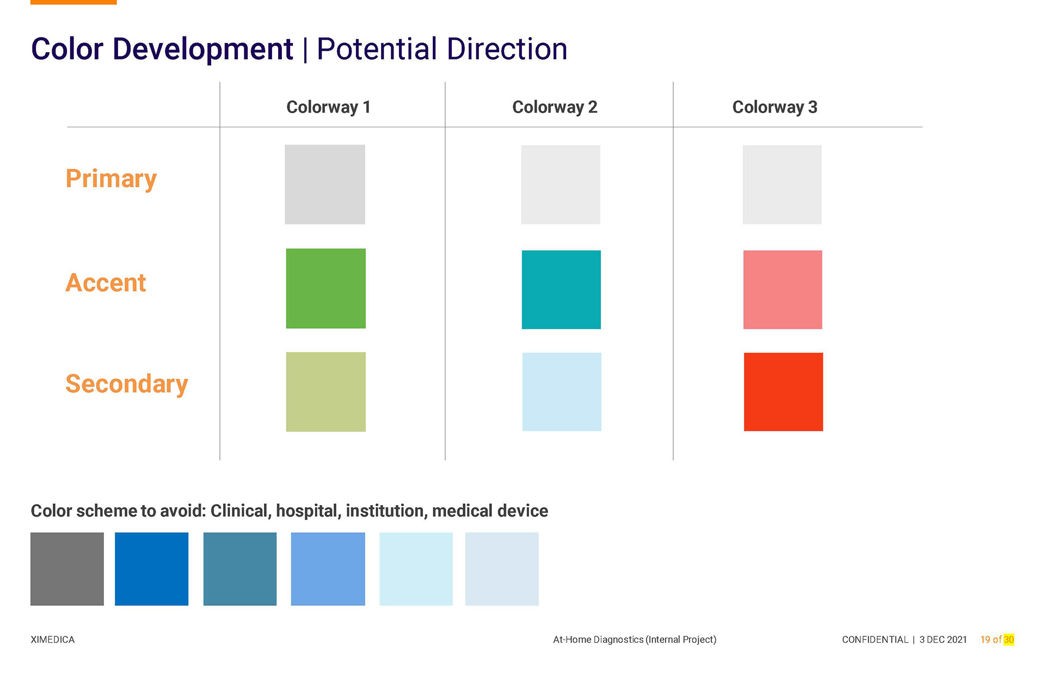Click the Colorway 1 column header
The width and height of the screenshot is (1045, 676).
[x=328, y=107]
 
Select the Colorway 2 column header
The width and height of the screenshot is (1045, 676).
[x=555, y=107]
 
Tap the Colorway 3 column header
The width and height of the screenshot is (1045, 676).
[x=774, y=107]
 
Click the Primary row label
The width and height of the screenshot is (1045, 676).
[x=111, y=179]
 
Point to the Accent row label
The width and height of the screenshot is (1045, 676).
[x=106, y=283]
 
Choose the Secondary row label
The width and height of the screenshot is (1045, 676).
[x=127, y=384]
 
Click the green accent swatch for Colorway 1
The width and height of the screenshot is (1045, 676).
[x=325, y=288]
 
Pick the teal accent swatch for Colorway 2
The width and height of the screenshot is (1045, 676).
[x=561, y=290]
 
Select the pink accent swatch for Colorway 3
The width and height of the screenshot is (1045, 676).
[x=783, y=290]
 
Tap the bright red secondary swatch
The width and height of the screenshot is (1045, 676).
[x=783, y=392]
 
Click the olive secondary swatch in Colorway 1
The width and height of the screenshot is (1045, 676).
[x=325, y=392]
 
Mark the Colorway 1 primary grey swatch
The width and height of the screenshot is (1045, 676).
[x=325, y=185]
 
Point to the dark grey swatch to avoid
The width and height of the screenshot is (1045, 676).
[x=67, y=569]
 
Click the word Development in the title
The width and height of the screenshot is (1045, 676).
[x=202, y=50]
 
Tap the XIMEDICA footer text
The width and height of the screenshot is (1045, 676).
[x=53, y=640]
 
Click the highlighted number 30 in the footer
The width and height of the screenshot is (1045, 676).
[x=1009, y=640]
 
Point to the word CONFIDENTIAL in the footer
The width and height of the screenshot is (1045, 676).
[x=875, y=640]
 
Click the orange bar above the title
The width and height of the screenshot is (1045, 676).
[x=73, y=2]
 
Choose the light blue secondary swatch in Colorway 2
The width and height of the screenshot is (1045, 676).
[x=562, y=392]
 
